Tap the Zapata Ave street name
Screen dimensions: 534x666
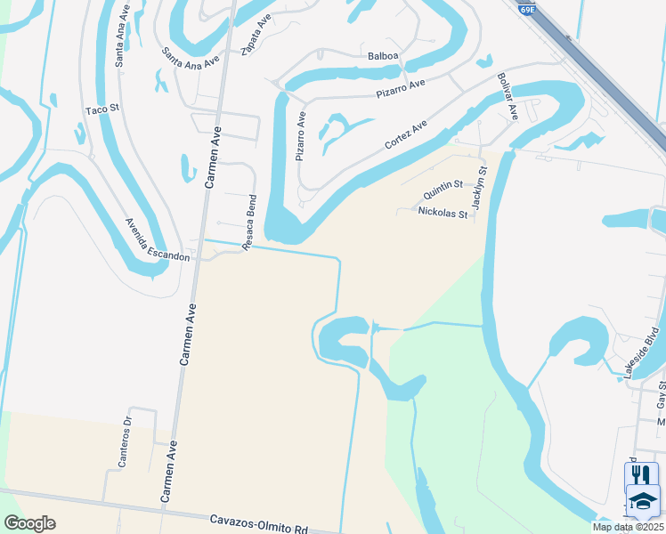pos(256,36)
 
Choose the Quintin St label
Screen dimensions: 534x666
pos(443,189)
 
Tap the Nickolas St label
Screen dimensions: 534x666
pos(443,213)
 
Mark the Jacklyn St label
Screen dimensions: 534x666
pos(481,187)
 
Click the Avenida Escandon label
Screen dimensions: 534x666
pos(158,239)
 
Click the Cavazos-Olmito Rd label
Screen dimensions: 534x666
pos(259,522)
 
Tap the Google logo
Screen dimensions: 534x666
pos(29,523)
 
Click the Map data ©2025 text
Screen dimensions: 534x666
pos(627,527)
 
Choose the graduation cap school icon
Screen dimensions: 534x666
pos(642,502)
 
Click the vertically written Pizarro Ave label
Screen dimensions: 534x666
pos(301,135)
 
